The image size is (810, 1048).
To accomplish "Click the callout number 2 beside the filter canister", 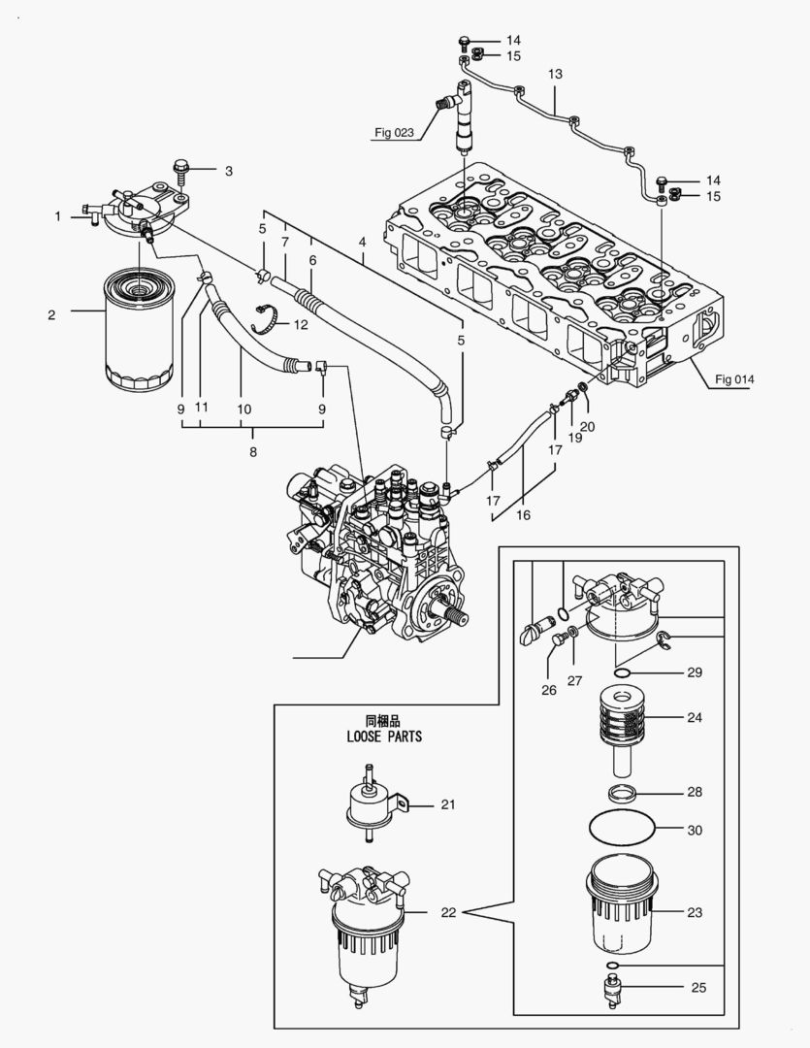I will point(51,314).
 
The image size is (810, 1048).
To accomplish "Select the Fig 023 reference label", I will point(394,133).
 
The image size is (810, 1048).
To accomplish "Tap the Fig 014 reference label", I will point(734,378).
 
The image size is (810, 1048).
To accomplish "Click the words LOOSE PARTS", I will point(384,737).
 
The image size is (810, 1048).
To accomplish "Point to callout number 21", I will point(447,804).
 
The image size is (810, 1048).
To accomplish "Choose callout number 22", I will point(447,913).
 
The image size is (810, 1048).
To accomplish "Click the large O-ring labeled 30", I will point(622,831).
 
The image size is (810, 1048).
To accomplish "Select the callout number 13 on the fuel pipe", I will point(555,74).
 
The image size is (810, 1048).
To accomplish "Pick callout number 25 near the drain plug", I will point(698,989).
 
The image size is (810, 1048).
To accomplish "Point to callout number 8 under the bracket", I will point(253,451).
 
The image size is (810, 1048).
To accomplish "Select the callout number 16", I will point(523,515).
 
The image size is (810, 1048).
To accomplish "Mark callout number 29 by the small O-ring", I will point(694,672).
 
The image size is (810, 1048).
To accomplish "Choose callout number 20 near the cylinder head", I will point(588,426).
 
